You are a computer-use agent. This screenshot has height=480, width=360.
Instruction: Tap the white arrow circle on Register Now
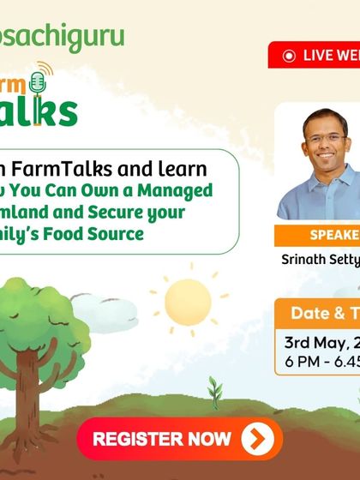[x=257, y=440]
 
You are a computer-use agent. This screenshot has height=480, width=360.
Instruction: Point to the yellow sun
[x=188, y=302]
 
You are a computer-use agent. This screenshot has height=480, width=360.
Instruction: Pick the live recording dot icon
[x=289, y=56]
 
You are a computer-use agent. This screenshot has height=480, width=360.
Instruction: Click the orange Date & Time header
[x=325, y=313]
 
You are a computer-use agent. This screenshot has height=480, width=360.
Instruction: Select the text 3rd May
[x=312, y=342]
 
